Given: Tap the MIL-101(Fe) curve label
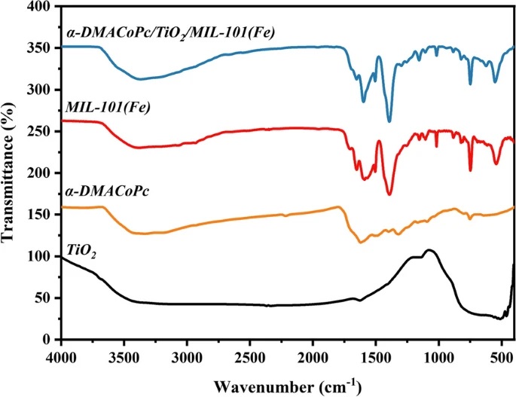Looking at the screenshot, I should [x=107, y=108].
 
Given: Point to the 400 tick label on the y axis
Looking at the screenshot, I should [x=40, y=7].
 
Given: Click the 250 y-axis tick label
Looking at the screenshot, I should [x=40, y=132].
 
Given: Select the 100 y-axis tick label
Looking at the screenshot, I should [x=40, y=257].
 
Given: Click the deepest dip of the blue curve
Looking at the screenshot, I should [x=389, y=121].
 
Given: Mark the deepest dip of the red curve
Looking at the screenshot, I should [x=389, y=194].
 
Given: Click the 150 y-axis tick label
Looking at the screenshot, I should [x=40, y=215].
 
